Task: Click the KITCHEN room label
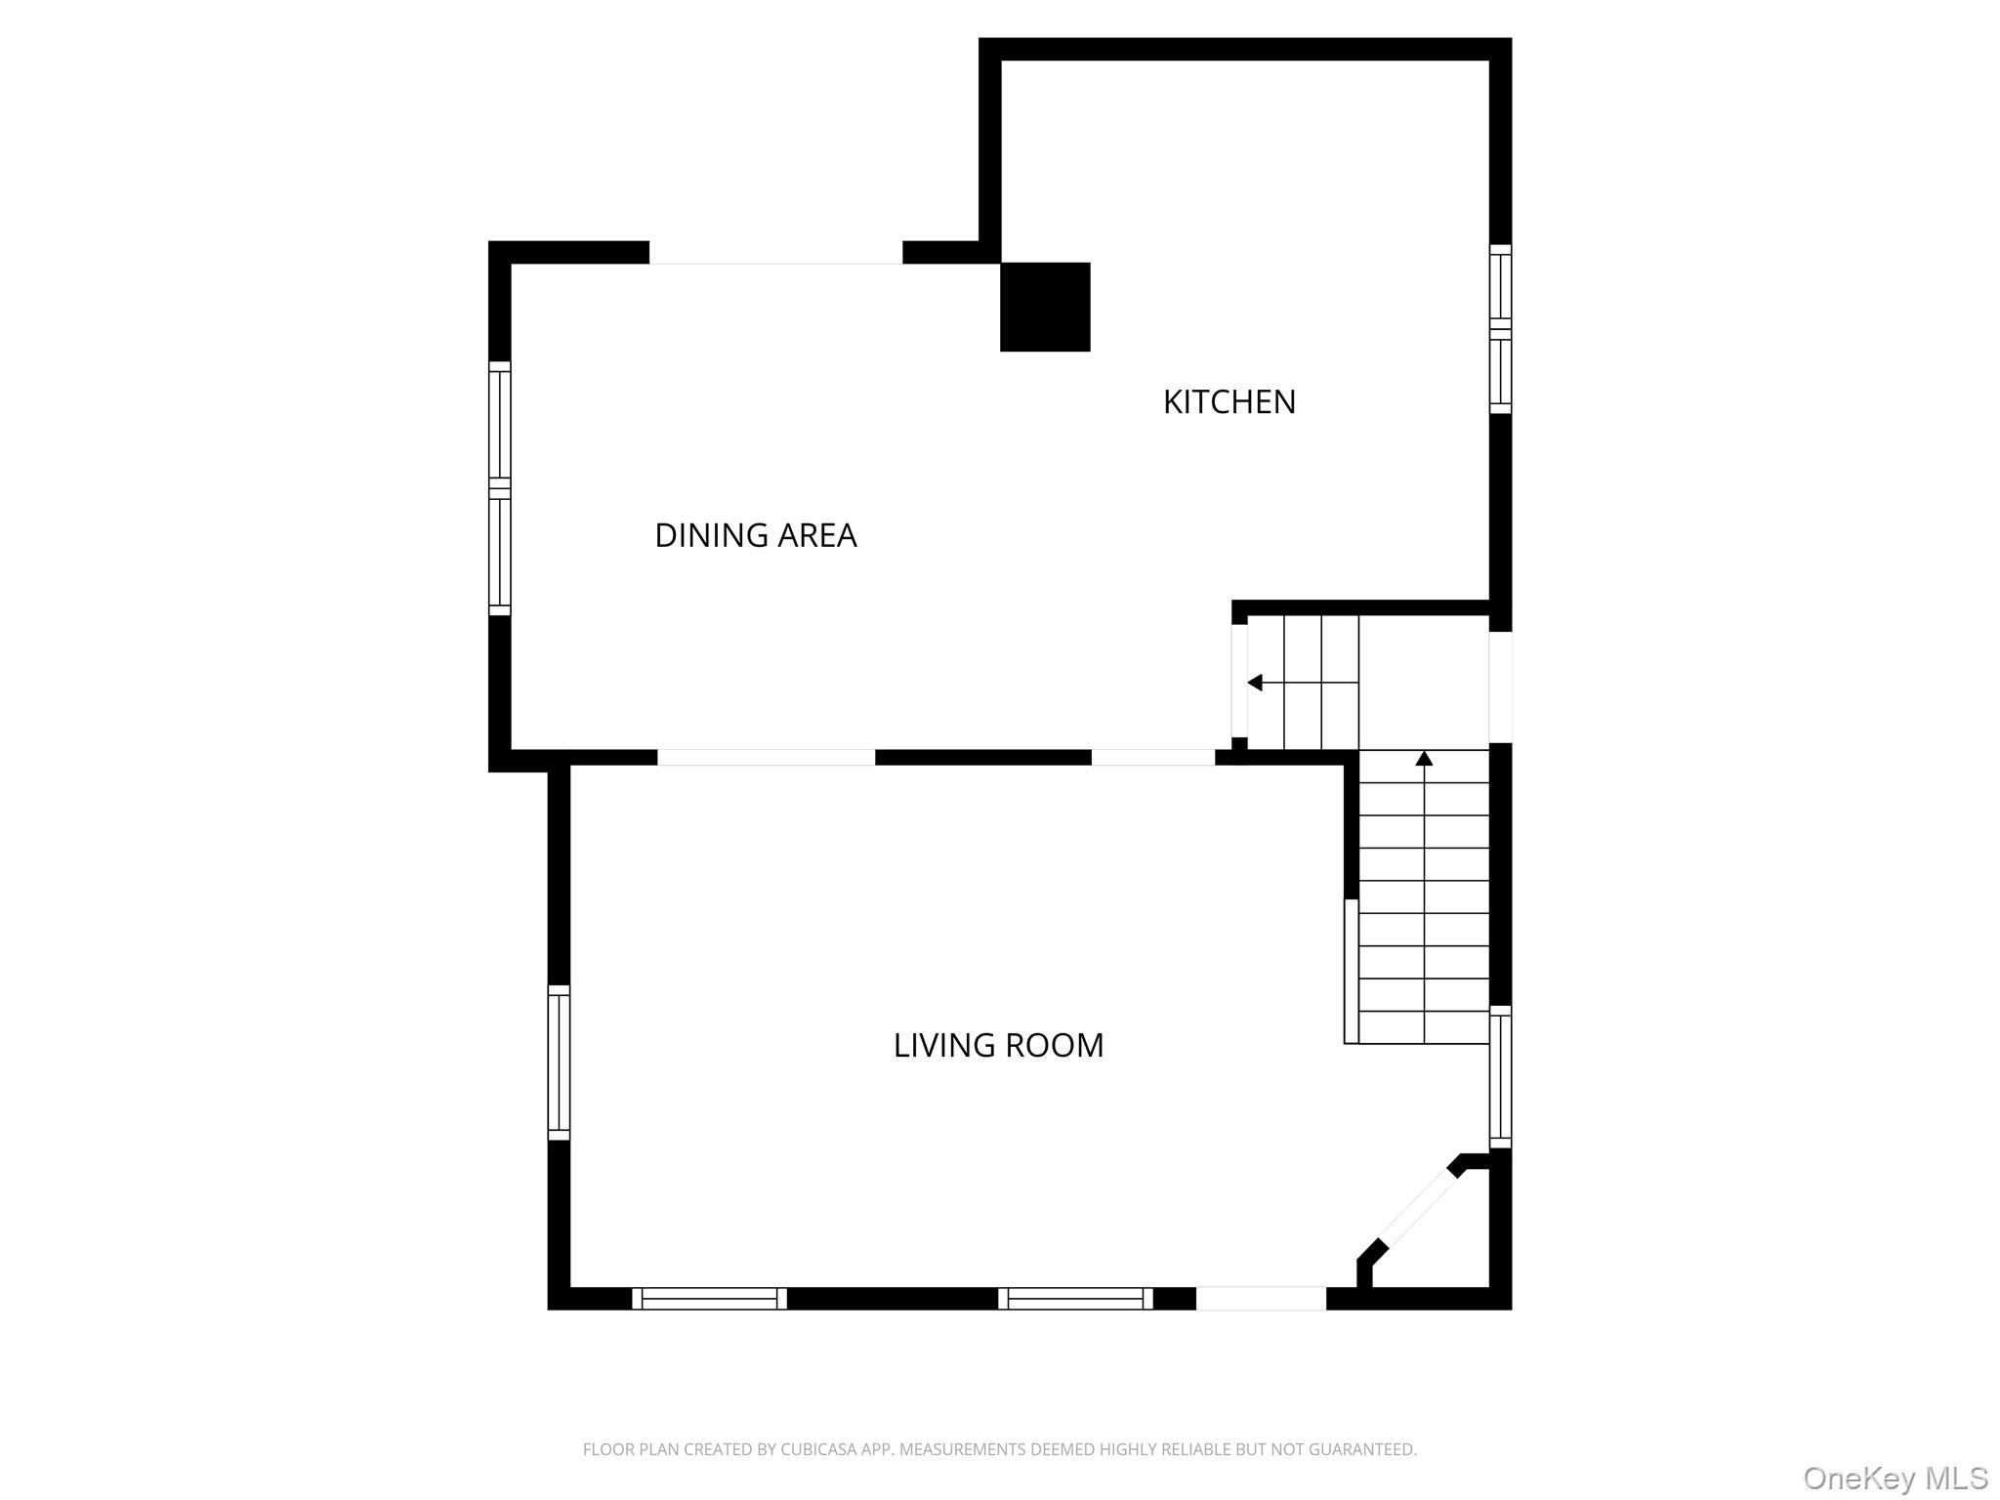click(1229, 402)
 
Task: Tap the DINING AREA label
click(755, 535)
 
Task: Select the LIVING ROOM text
click(998, 1045)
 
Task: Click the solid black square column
click(1045, 307)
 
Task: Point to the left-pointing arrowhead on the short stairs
click(1255, 683)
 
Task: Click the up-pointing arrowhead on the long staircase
click(1424, 758)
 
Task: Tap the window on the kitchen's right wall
click(1500, 329)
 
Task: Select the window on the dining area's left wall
click(499, 488)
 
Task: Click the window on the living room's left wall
click(559, 1062)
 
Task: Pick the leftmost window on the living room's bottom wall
click(709, 1298)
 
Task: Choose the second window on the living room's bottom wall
click(1075, 1298)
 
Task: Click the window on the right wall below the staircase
click(1500, 1076)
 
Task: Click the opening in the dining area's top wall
click(775, 253)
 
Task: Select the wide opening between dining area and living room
click(766, 758)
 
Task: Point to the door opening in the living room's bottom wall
click(1261, 1298)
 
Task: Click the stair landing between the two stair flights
click(1423, 683)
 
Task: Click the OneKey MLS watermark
click(1895, 1478)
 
